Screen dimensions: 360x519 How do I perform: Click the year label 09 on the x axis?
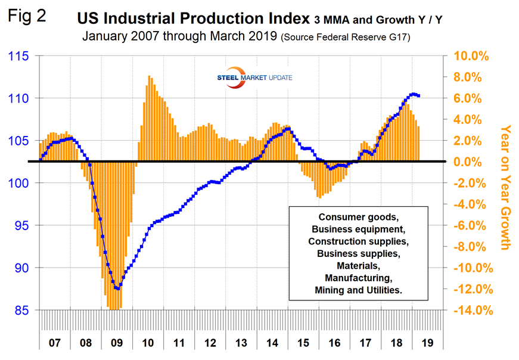click(x=117, y=343)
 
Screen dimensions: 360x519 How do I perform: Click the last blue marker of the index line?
click(x=419, y=96)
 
